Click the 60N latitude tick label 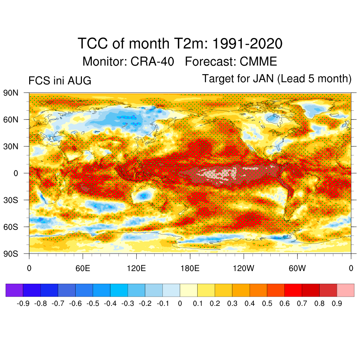11,120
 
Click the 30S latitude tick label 11,200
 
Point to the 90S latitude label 11,254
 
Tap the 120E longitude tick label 136,268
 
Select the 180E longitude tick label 190,268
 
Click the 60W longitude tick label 297,268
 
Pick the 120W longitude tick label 244,268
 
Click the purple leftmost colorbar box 14,290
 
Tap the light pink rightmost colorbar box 346,290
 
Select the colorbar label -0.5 93,303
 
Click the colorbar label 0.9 337,303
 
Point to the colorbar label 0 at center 180,303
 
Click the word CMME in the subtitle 258,62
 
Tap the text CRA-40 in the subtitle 152,62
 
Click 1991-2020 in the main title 247,43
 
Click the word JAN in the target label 263,78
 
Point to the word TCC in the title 93,43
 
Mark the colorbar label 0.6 284,303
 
